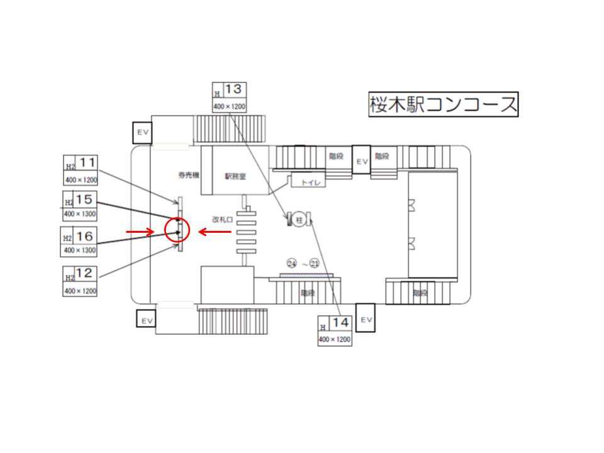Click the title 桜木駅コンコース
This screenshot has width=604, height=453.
(x=443, y=104)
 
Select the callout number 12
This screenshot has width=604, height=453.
(x=87, y=274)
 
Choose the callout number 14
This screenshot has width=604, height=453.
(x=340, y=323)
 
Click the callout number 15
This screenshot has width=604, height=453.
(x=84, y=199)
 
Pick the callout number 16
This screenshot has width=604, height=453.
(x=84, y=236)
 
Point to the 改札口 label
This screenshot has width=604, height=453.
(x=222, y=220)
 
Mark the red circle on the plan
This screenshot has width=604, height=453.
(x=177, y=231)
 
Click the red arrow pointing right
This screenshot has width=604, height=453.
(x=140, y=232)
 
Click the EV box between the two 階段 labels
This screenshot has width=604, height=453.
(x=361, y=160)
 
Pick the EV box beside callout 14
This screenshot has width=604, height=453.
(x=366, y=320)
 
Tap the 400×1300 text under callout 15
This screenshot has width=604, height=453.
(x=80, y=215)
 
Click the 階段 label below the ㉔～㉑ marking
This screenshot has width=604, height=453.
(x=308, y=293)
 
